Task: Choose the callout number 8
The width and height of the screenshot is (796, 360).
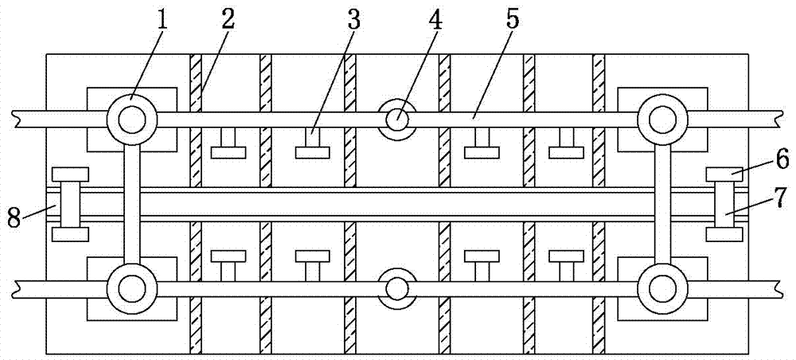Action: [14, 217]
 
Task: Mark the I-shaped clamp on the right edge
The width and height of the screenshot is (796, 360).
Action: [724, 204]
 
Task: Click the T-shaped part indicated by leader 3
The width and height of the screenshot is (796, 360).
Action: [312, 147]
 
